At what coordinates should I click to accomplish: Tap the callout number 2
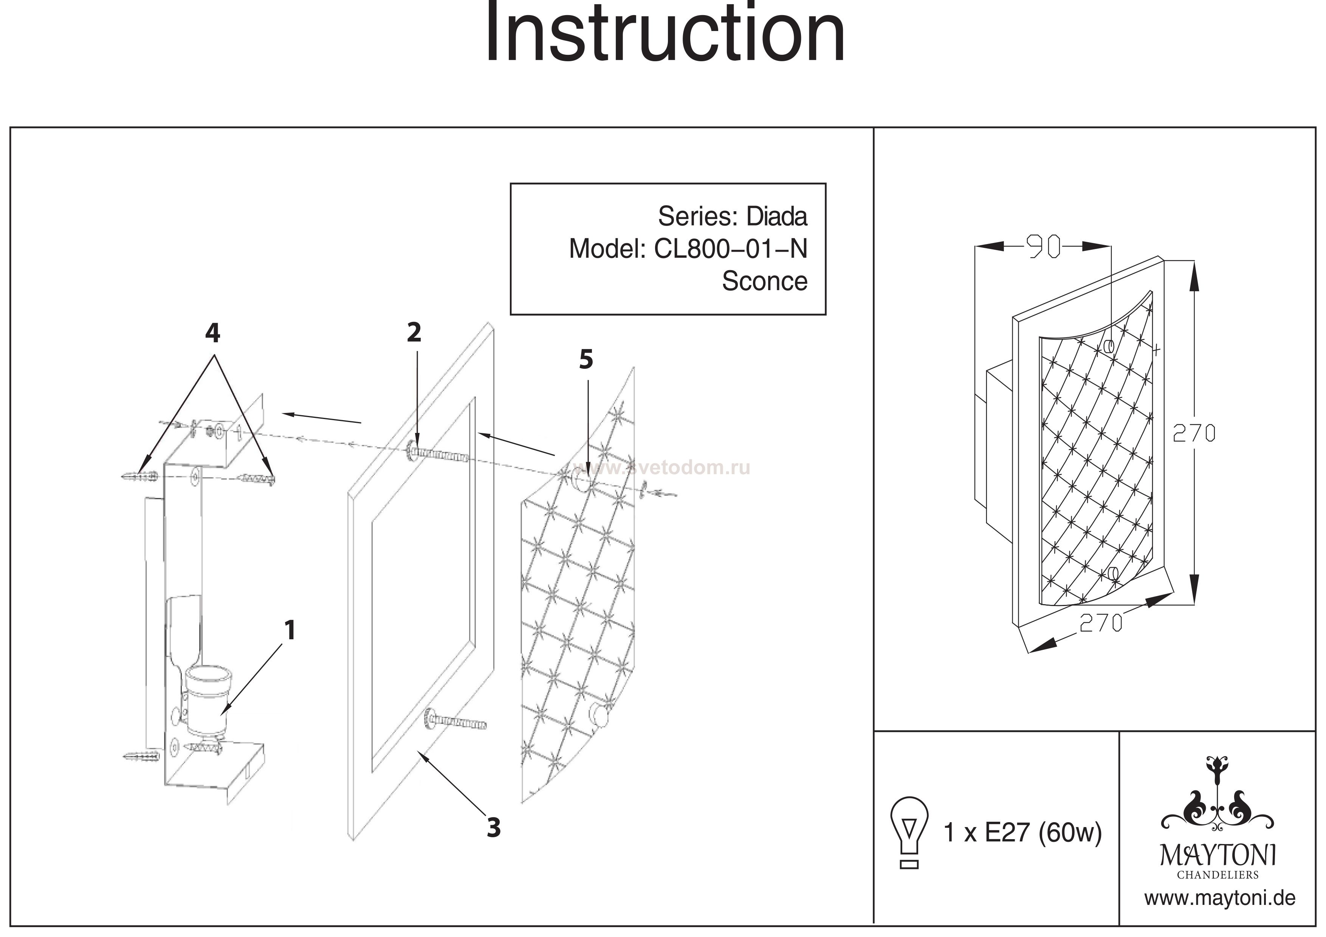click(x=414, y=332)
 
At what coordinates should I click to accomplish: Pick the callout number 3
click(x=493, y=828)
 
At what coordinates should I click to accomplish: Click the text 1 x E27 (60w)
click(x=1022, y=832)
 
